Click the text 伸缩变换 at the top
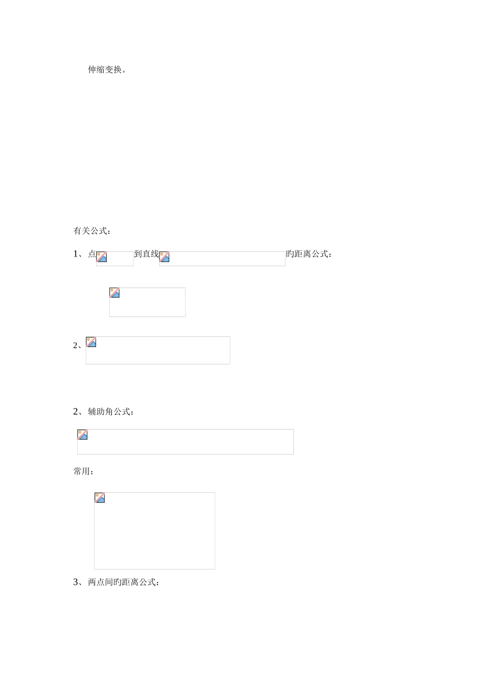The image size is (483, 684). click(x=105, y=70)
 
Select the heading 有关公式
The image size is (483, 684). click(x=90, y=231)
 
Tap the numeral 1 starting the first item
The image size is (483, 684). click(x=76, y=254)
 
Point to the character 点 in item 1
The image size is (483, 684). click(x=92, y=254)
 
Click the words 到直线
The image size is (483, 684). click(x=146, y=254)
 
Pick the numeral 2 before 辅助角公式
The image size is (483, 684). click(x=76, y=412)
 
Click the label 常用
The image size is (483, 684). click(x=82, y=472)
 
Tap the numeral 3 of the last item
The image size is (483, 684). click(x=76, y=582)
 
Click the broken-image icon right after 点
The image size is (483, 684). click(x=102, y=257)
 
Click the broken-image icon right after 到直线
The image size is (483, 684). click(x=164, y=257)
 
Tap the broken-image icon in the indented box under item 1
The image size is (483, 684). click(x=114, y=293)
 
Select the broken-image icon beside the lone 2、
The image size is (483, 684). click(x=91, y=342)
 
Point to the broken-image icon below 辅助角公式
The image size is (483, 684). click(x=82, y=435)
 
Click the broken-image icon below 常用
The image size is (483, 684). click(x=100, y=498)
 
